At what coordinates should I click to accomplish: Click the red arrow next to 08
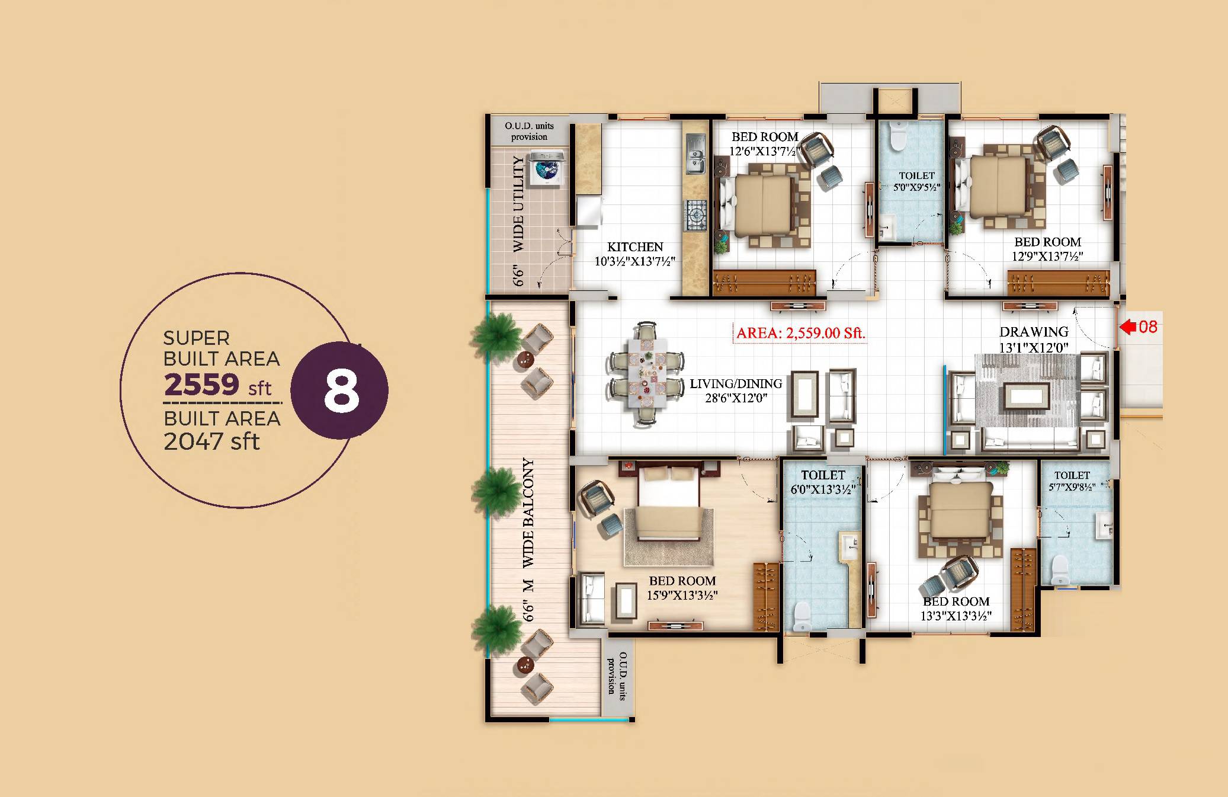[1128, 327]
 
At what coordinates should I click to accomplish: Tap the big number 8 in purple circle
[342, 391]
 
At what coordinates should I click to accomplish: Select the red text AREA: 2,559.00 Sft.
[800, 333]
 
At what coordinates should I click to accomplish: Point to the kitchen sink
[695, 155]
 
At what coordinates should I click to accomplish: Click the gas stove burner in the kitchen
[696, 215]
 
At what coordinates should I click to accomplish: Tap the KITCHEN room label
[635, 247]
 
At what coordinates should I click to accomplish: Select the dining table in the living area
[647, 373]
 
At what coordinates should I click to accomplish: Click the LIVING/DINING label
[736, 384]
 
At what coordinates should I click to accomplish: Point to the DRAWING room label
[1034, 332]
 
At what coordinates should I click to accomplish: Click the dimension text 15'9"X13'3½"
[682, 595]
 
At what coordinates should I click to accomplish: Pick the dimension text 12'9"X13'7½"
[1047, 256]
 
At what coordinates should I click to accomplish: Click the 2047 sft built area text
[211, 441]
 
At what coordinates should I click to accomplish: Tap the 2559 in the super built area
[202, 385]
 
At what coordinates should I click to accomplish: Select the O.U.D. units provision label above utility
[529, 131]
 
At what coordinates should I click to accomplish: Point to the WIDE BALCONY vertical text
[528, 513]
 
